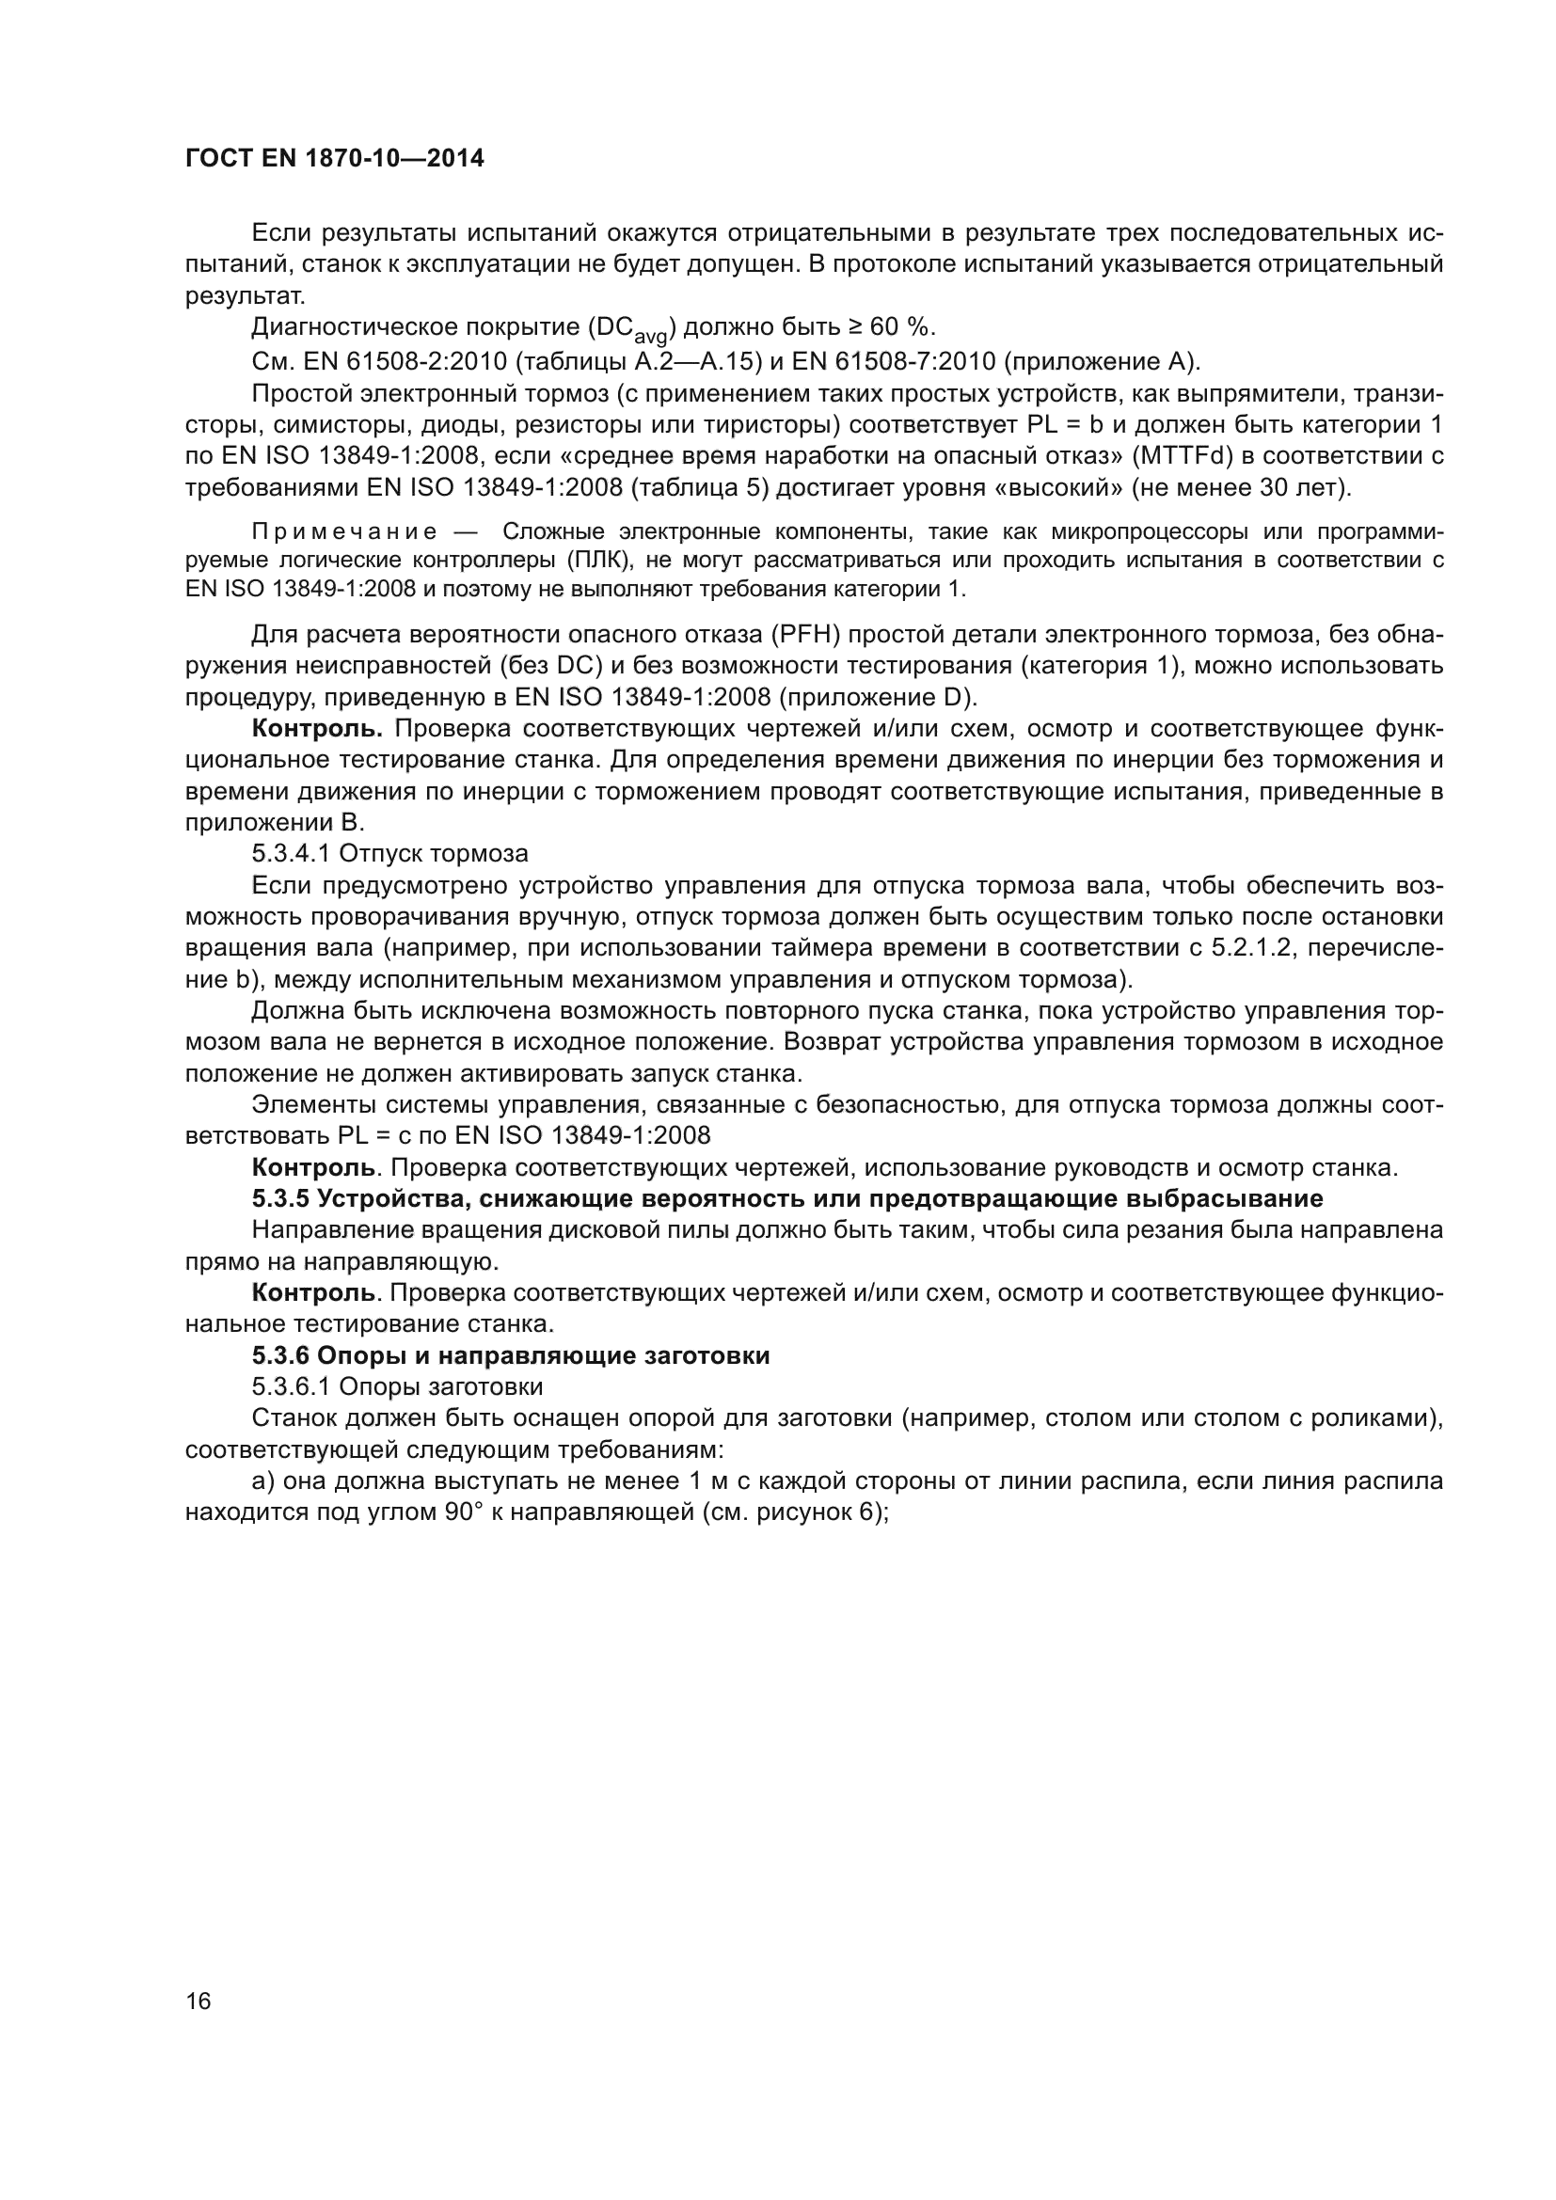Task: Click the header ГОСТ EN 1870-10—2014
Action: pyautogui.click(x=334, y=159)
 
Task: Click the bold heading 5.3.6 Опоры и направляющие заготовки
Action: pyautogui.click(x=511, y=1356)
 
